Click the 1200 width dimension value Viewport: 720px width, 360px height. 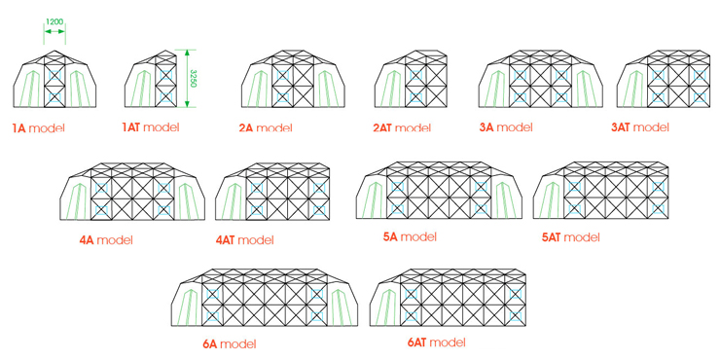pyautogui.click(x=55, y=21)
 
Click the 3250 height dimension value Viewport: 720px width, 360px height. pyautogui.click(x=194, y=78)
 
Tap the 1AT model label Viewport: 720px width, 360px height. pyautogui.click(x=150, y=127)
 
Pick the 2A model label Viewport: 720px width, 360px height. pyautogui.click(x=266, y=127)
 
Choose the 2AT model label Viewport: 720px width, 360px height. pyautogui.click(x=401, y=127)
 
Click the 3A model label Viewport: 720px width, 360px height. pyautogui.click(x=505, y=126)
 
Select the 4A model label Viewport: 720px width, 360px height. pyautogui.click(x=106, y=239)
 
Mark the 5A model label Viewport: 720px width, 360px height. pyautogui.click(x=410, y=236)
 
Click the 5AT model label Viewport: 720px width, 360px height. pyautogui.click(x=570, y=236)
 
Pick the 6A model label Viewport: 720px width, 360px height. pyautogui.click(x=229, y=343)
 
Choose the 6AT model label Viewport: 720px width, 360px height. pyautogui.click(x=436, y=342)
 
